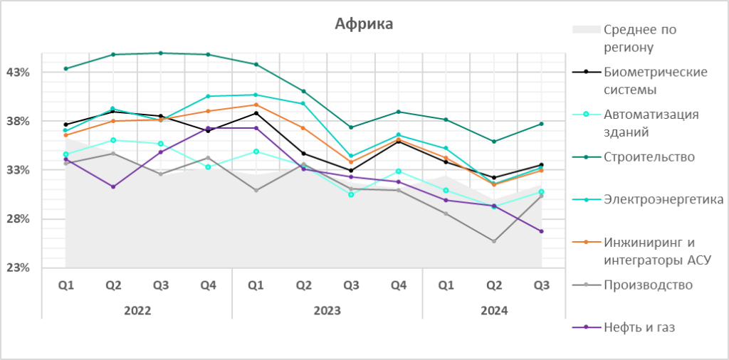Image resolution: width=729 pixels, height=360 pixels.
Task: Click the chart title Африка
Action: pyautogui.click(x=364, y=24)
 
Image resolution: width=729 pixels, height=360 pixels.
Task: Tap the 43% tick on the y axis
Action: pyautogui.click(x=18, y=73)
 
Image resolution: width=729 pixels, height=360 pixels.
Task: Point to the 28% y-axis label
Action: pyautogui.click(x=18, y=219)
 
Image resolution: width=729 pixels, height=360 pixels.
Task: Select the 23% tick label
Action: pyautogui.click(x=18, y=268)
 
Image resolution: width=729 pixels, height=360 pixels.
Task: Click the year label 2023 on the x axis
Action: pyautogui.click(x=327, y=311)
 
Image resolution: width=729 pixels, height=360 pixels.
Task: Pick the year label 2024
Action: pyautogui.click(x=493, y=311)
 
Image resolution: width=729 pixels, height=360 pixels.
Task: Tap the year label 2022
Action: pyautogui.click(x=137, y=311)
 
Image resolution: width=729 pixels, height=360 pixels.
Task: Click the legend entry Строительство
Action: pyautogui.click(x=649, y=157)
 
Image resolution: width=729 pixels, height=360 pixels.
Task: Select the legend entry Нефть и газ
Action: pyautogui.click(x=639, y=327)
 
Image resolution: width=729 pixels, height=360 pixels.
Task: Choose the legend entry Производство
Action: pyautogui.click(x=648, y=285)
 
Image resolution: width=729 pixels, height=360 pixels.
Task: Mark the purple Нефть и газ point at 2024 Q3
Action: pyautogui.click(x=541, y=231)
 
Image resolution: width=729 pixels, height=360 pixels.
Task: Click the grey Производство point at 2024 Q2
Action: pyautogui.click(x=493, y=241)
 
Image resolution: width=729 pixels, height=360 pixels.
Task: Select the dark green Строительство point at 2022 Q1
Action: pyautogui.click(x=65, y=68)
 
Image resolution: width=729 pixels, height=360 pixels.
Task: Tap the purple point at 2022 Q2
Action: pyautogui.click(x=113, y=186)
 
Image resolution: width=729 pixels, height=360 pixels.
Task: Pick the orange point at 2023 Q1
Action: pyautogui.click(x=256, y=105)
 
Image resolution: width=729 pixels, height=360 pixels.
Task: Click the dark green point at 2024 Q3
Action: pyautogui.click(x=541, y=124)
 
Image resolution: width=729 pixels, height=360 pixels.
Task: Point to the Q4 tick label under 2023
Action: pyautogui.click(x=399, y=285)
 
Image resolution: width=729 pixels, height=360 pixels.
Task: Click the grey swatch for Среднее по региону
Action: pyautogui.click(x=586, y=30)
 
